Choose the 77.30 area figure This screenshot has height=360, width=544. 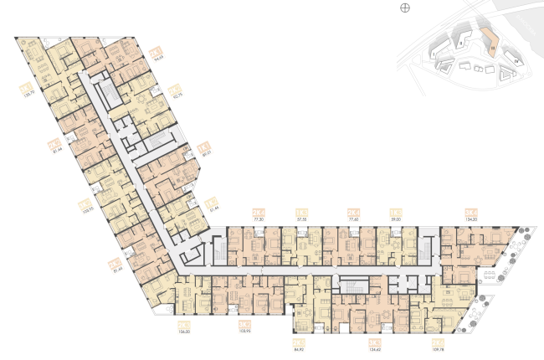click(x=259, y=219)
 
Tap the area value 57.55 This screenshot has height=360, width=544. click(x=302, y=219)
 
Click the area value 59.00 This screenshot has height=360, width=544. click(x=396, y=219)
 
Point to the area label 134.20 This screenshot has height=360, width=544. click(x=471, y=219)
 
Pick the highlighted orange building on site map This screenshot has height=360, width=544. click(x=492, y=43)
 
